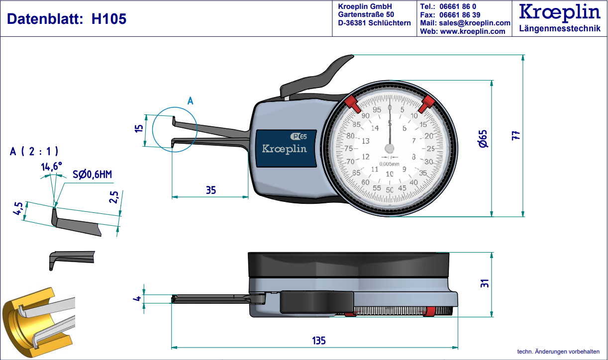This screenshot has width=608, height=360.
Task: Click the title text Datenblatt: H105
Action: pos(67,19)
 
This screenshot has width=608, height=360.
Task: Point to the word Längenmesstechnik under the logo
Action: pos(560,29)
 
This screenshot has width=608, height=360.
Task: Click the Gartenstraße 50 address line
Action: pos(366,14)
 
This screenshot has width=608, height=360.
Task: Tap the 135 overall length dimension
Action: pos(318,341)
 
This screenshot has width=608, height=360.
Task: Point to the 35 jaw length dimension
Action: pos(211,189)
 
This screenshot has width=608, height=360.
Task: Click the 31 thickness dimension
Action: pos(486,282)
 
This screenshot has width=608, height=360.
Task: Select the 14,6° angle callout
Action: pos(51,167)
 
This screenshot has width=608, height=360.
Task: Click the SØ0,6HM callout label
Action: pos(92,174)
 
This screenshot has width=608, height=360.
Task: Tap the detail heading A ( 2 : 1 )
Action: pos(34,151)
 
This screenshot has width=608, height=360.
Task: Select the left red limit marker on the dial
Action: pos(352,104)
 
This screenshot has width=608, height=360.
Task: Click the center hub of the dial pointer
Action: pos(390,148)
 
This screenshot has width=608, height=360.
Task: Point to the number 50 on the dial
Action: pos(390,189)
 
